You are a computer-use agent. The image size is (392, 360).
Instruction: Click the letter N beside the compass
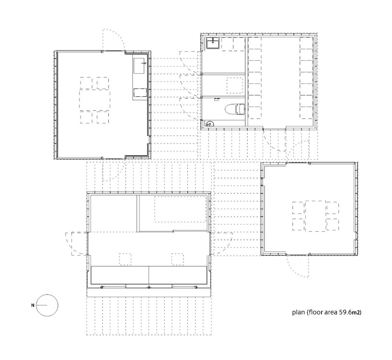coord(33,305)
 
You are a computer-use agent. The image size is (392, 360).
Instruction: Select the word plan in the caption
coord(299,312)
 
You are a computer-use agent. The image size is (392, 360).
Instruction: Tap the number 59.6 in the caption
coord(345,312)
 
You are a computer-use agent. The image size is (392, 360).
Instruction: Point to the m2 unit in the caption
coord(356,312)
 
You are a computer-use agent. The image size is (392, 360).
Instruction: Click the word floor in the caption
coord(315,312)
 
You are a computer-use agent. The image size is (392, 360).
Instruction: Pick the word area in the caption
coord(330,312)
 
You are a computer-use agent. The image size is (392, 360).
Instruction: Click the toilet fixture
coord(234,109)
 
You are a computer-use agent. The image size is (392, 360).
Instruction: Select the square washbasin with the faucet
coord(213,43)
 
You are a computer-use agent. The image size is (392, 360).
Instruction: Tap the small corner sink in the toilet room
coord(209,124)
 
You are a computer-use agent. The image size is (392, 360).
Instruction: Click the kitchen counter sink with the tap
coord(139,66)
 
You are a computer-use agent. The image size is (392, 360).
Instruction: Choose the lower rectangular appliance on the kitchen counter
coord(139,92)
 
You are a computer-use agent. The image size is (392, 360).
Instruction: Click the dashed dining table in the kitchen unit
coord(95,101)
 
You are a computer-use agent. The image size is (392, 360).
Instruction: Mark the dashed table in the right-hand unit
coord(315,216)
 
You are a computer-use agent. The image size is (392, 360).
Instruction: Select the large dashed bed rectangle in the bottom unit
coord(180,209)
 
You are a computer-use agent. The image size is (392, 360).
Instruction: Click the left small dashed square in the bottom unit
coord(125,259)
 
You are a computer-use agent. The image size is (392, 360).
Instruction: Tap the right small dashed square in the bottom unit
coord(177,259)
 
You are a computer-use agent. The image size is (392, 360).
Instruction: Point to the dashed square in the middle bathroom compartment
coord(234,85)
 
